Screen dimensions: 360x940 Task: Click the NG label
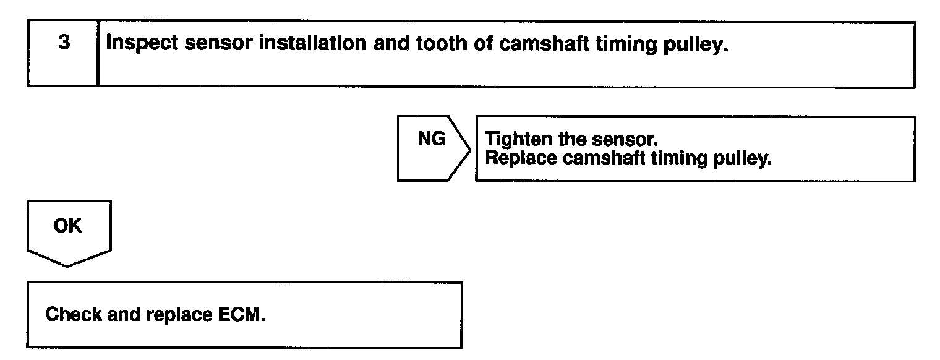[x=431, y=140]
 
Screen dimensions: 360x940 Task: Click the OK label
[x=68, y=226]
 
